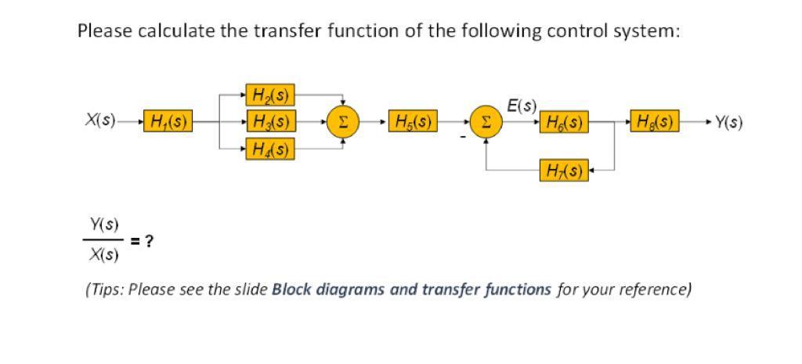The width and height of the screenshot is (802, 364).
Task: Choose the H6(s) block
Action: tap(564, 122)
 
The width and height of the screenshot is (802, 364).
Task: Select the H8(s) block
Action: tap(655, 122)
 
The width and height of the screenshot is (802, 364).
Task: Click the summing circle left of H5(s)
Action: tap(342, 122)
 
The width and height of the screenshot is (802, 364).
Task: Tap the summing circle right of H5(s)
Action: tap(486, 122)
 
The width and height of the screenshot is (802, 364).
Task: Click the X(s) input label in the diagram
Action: tap(99, 122)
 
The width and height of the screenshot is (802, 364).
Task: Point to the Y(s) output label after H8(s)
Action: tap(728, 122)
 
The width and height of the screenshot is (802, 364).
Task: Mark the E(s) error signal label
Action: tap(522, 104)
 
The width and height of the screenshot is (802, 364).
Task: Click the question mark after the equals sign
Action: tap(149, 241)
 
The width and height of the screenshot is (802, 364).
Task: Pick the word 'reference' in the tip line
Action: tap(654, 290)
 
